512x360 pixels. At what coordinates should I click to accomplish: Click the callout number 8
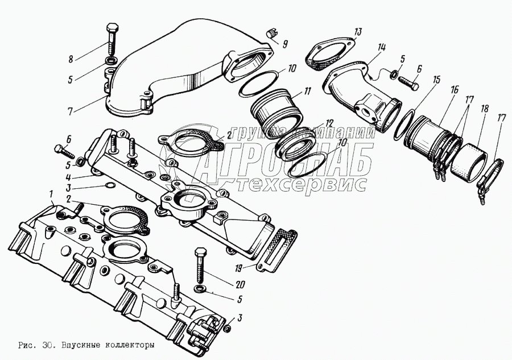click(x=70, y=59)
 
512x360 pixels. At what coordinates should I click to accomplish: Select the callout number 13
click(x=358, y=32)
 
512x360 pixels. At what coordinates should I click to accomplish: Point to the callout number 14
click(x=381, y=48)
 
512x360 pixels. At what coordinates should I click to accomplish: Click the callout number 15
click(x=436, y=80)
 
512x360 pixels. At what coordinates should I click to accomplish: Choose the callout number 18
click(x=485, y=109)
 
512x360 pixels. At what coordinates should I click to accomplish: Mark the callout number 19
click(x=240, y=269)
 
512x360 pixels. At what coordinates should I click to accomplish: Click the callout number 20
click(x=240, y=285)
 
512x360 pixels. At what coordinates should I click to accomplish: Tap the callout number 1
click(x=51, y=195)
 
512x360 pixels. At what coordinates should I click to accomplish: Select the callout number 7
click(x=69, y=111)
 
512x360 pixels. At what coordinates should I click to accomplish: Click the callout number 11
click(x=307, y=91)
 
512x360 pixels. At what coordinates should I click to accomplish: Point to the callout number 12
click(x=328, y=123)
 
